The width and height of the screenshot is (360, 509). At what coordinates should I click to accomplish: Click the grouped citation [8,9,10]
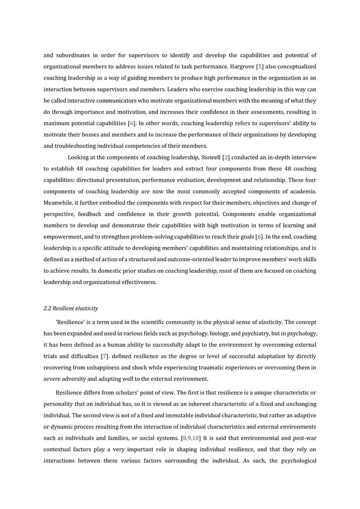191,438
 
